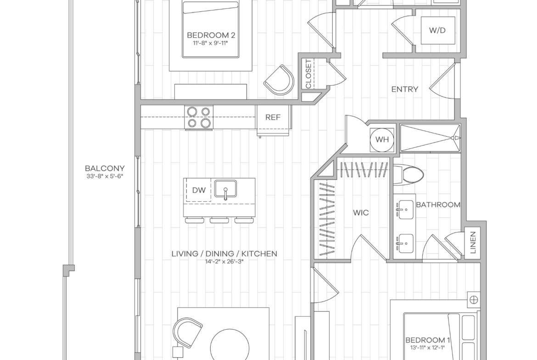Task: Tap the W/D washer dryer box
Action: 438,30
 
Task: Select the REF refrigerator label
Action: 273,117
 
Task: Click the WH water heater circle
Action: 382,139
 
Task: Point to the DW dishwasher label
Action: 199,190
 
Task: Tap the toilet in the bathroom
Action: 408,175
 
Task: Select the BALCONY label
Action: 105,168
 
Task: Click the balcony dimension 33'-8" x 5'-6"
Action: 105,177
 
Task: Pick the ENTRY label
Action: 405,89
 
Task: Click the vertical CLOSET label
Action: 308,74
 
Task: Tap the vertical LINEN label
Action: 473,242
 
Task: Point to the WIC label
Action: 361,213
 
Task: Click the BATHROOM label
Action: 438,205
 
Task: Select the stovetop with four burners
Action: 199,117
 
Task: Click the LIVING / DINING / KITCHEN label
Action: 224,254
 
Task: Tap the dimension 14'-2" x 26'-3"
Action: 224,262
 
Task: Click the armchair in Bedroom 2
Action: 280,81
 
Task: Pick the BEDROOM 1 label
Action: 427,340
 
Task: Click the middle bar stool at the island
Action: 220,220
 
